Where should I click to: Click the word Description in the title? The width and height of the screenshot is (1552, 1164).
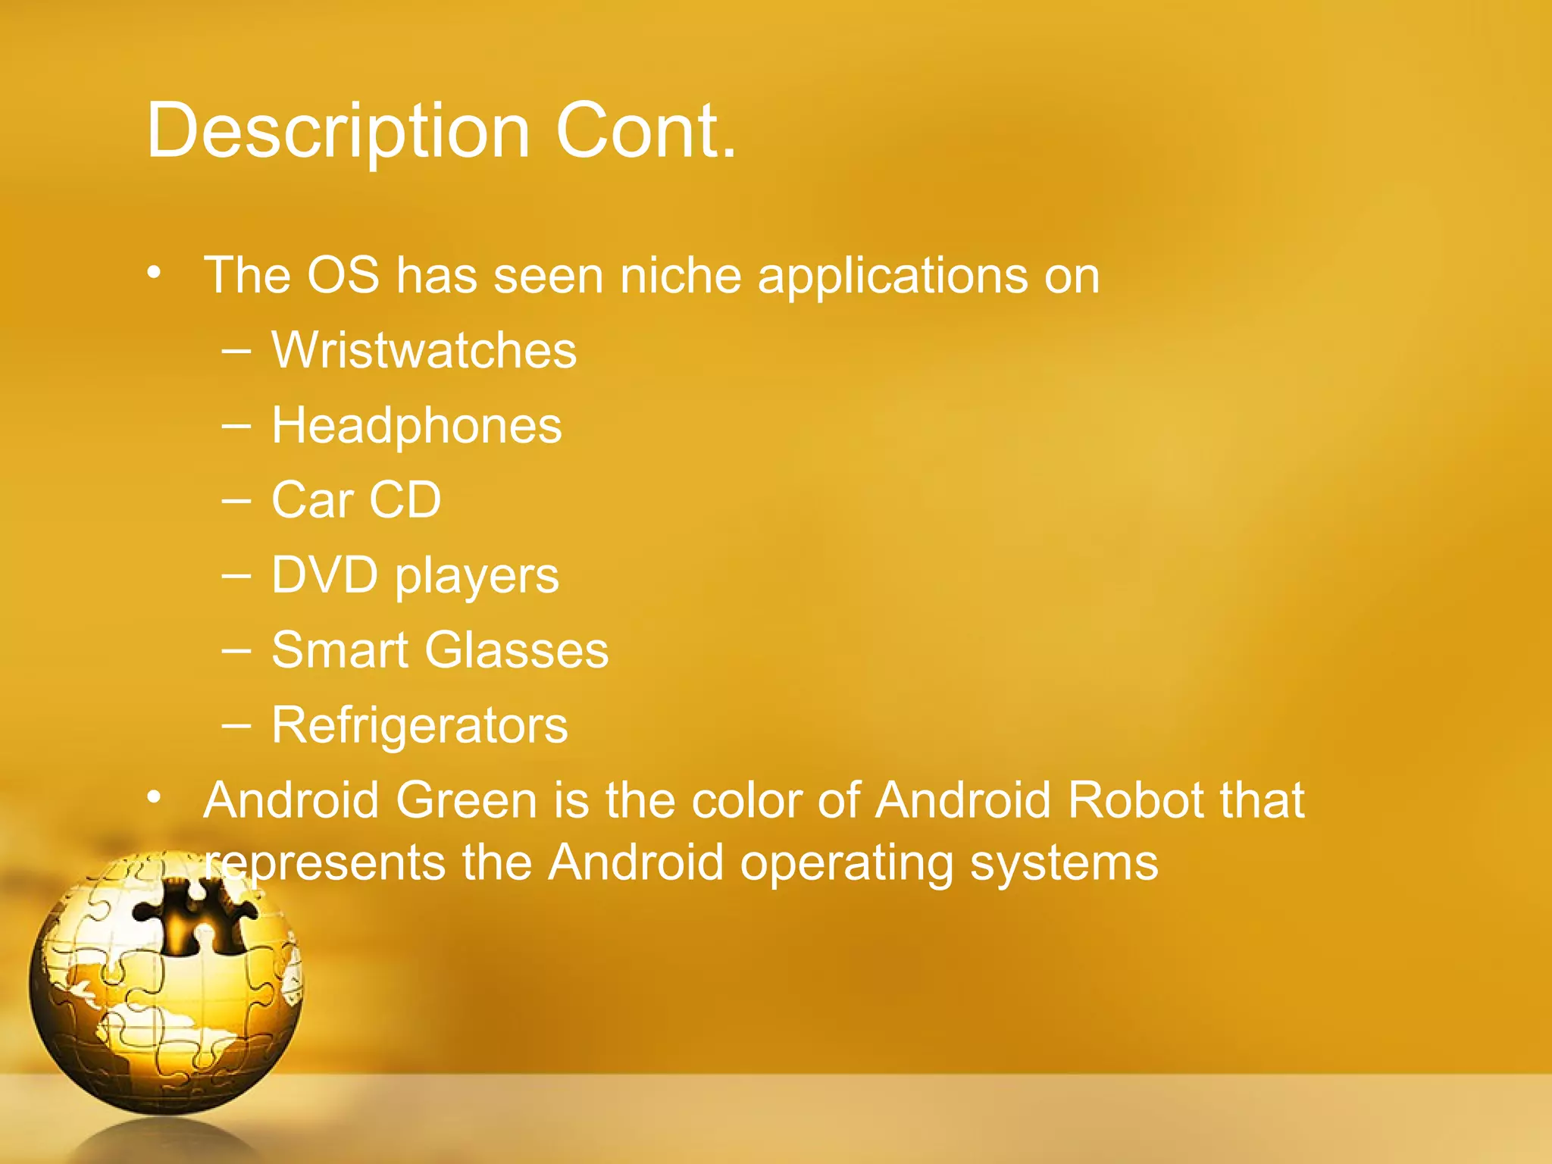tap(337, 131)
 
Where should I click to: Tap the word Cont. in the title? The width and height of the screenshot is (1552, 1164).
tap(646, 131)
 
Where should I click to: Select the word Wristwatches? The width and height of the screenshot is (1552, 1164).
tap(424, 351)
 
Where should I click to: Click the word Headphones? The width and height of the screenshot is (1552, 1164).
tap(416, 426)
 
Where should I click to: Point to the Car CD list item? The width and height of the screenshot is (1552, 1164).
tap(356, 500)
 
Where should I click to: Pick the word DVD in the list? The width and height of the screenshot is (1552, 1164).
tap(324, 575)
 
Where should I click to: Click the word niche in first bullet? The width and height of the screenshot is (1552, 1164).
tap(680, 275)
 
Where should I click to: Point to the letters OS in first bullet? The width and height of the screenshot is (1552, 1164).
tap(343, 275)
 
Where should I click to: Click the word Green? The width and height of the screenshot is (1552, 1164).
tap(465, 801)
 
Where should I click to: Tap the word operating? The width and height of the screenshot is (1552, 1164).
tap(846, 865)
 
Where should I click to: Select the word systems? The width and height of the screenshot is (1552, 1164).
tap(1064, 865)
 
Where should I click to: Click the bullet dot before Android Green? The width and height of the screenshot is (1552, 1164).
tap(155, 797)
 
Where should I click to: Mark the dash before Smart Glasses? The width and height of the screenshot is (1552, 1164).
tap(236, 649)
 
